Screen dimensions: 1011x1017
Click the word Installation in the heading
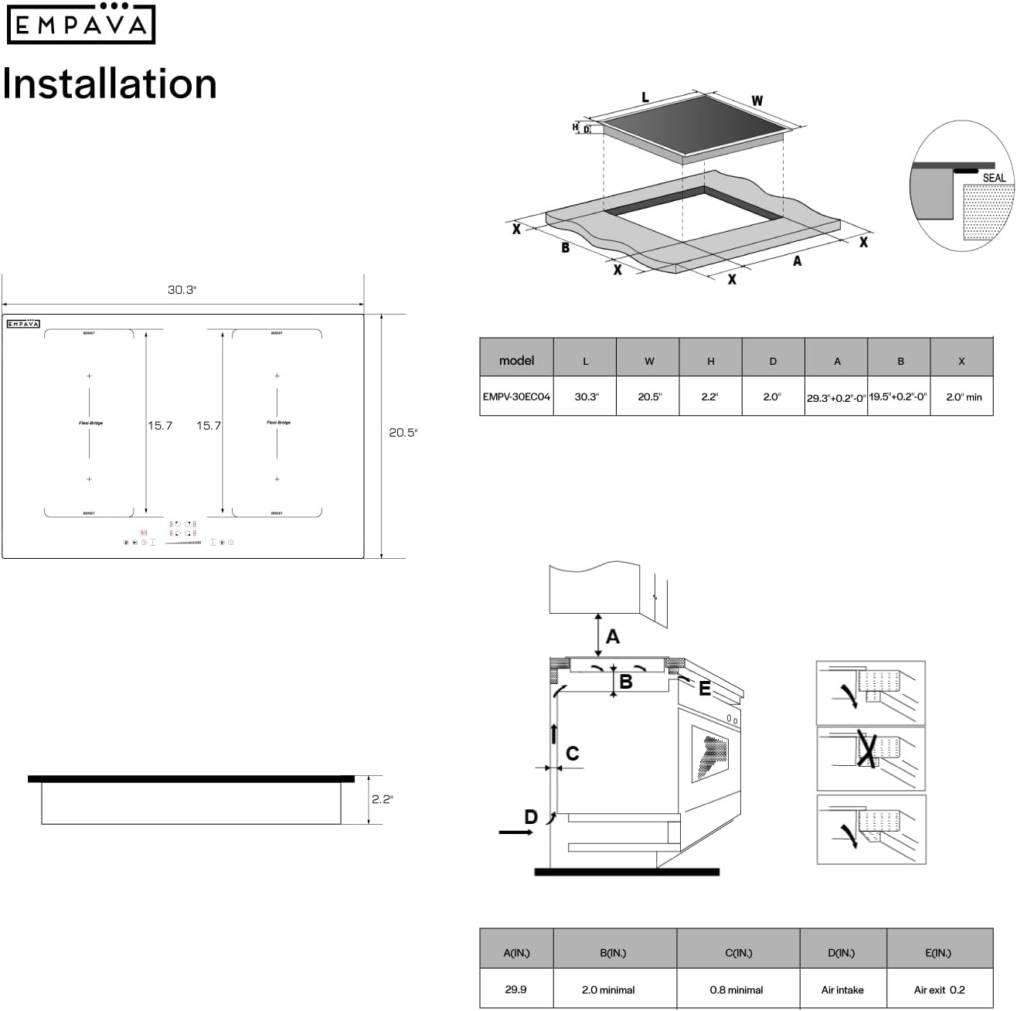[110, 83]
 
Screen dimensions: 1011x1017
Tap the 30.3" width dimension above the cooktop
[182, 290]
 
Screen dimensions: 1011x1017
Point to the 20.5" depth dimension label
[403, 433]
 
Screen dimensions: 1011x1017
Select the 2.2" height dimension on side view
[382, 798]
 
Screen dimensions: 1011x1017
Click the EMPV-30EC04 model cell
[516, 397]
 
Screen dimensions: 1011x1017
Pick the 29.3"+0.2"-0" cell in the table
[836, 397]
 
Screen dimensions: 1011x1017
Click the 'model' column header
[516, 360]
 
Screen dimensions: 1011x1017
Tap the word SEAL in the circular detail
[994, 178]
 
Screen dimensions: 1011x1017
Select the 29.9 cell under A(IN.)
[515, 989]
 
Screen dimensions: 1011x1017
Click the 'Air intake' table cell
[842, 989]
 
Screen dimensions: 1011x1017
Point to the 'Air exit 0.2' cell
[939, 989]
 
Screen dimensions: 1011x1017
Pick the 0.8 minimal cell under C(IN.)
[736, 989]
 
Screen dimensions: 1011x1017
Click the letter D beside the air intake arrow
[531, 817]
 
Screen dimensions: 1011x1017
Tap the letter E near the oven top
[705, 689]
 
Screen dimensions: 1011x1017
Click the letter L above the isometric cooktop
[645, 98]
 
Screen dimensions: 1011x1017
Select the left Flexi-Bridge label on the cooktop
[90, 423]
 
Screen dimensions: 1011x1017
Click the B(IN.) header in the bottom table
[614, 953]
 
